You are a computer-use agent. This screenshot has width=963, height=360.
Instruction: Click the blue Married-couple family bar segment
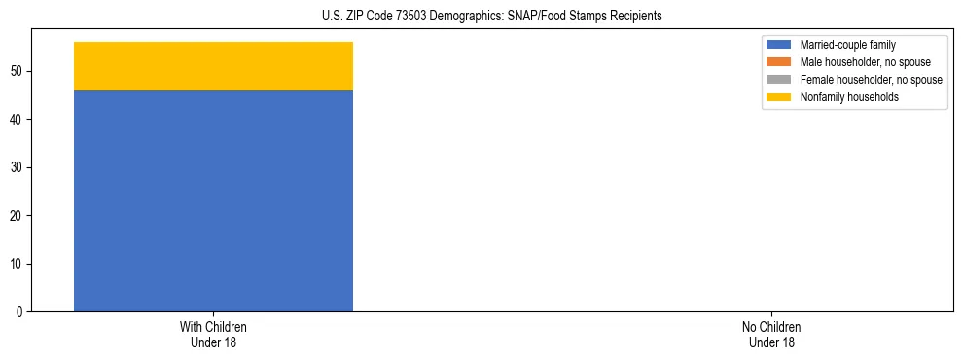(x=213, y=200)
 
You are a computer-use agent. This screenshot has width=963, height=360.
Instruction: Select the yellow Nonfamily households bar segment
(x=213, y=66)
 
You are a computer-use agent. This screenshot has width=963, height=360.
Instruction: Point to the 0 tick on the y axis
(x=19, y=312)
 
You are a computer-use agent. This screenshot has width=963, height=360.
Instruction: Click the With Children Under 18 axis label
(x=213, y=334)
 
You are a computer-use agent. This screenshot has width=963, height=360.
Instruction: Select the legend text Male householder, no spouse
(x=858, y=62)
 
